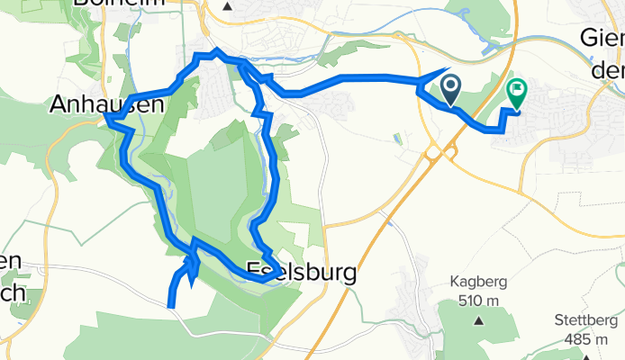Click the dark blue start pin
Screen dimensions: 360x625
click(449, 89)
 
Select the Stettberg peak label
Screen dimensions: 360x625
click(586, 320)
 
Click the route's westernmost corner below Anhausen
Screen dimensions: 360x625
click(106, 116)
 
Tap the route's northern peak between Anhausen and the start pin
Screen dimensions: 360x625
click(217, 50)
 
